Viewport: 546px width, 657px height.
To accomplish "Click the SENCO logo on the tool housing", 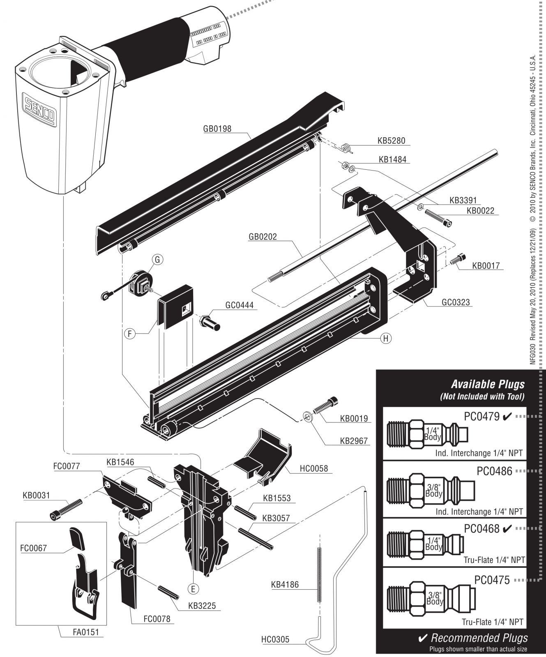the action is point(39,110).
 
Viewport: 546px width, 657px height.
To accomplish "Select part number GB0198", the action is point(217,129).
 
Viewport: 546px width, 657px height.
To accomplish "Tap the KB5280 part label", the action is point(392,141).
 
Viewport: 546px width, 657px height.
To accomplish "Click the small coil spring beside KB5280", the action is point(347,147).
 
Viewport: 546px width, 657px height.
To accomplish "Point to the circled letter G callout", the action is point(157,259).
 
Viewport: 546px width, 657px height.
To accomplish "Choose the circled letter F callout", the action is point(129,334).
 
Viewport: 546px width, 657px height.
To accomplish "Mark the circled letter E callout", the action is point(193,589).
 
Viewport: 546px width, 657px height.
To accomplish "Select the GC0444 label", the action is point(239,305).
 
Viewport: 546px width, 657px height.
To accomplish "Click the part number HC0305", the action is point(275,639).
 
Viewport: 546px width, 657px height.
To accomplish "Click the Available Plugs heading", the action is point(488,384).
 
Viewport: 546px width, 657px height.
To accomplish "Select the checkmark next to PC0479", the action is point(507,417).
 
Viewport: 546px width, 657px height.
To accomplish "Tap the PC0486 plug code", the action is point(495,471).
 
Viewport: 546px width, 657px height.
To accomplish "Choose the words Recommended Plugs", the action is point(479,638).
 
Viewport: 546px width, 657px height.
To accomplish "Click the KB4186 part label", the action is point(285,585).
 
